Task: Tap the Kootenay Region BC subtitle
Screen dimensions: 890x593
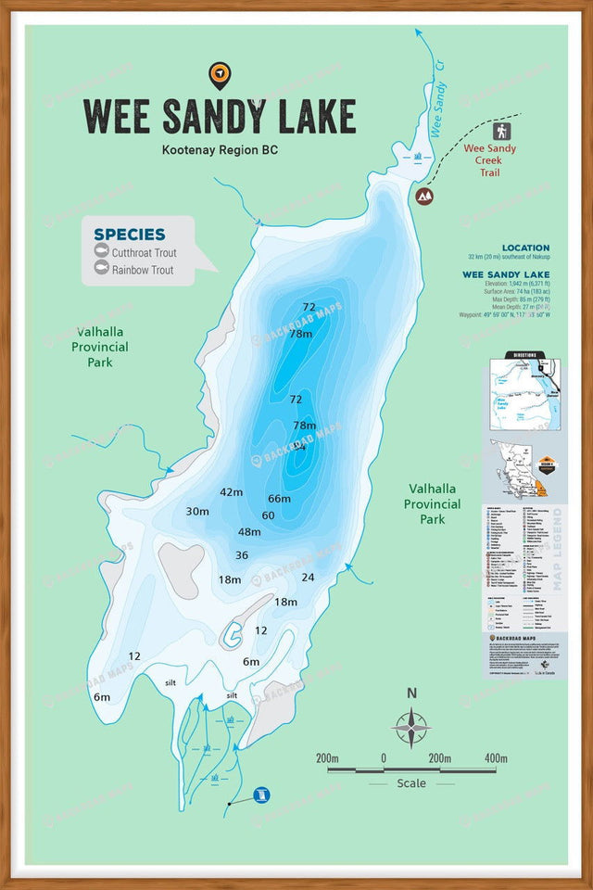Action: (x=220, y=149)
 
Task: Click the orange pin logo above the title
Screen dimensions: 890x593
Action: (x=220, y=74)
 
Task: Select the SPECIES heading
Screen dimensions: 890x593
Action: (x=130, y=235)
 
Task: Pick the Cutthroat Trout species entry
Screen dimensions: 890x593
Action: (x=144, y=252)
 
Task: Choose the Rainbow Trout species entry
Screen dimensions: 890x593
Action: (x=143, y=270)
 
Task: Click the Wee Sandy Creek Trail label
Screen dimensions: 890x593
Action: (x=489, y=160)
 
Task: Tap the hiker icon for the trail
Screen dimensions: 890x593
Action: (x=502, y=131)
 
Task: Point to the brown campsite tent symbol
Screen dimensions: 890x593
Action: (x=424, y=196)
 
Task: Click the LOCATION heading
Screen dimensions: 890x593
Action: (x=525, y=248)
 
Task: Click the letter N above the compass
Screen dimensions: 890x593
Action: (x=411, y=693)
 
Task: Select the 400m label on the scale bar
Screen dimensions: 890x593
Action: (x=495, y=758)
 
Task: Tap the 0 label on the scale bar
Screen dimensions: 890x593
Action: (x=383, y=758)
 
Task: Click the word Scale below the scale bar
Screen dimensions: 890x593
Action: (x=411, y=783)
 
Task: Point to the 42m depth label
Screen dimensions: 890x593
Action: (x=231, y=492)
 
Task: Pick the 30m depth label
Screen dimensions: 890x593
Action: (x=197, y=511)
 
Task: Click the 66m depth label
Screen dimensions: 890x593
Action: (x=279, y=499)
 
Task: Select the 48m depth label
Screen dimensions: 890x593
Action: (x=249, y=532)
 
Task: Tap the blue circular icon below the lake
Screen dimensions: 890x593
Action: (x=263, y=795)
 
